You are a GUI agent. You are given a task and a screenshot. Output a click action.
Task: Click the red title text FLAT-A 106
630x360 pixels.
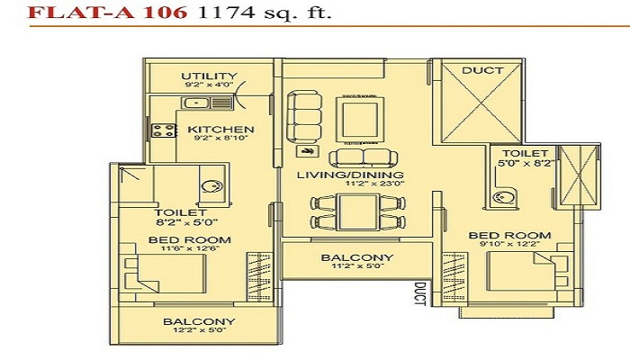(x=107, y=12)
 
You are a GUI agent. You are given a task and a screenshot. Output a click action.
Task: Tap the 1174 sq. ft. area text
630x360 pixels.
(x=265, y=13)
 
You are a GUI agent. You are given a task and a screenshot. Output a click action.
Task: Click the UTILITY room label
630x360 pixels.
(x=210, y=76)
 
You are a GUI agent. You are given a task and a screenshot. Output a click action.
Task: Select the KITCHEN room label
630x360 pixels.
(x=221, y=130)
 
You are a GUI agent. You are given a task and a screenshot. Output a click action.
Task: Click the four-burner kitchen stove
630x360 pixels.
(x=164, y=130)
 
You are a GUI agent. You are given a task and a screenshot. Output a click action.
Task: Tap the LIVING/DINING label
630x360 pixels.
(x=350, y=175)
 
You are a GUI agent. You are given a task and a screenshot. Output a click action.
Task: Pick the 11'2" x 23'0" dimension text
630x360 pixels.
(x=375, y=184)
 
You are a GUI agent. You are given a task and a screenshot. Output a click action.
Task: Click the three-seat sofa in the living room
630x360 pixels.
(x=304, y=117)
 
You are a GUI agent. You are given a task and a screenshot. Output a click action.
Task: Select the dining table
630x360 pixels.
(x=358, y=211)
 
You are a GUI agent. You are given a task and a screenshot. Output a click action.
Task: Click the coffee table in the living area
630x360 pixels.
(x=360, y=120)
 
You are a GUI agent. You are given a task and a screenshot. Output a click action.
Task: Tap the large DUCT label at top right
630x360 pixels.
(x=482, y=70)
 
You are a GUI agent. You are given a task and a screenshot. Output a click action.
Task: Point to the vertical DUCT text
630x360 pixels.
(x=419, y=293)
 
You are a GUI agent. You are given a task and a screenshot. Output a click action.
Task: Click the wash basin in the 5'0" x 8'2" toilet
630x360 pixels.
(x=501, y=197)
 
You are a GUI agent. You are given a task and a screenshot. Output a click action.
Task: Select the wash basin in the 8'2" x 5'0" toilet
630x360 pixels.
(x=212, y=187)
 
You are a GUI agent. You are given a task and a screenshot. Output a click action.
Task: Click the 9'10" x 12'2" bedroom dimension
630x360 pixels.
(x=510, y=244)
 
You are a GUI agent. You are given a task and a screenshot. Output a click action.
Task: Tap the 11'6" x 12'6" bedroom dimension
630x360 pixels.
(x=190, y=248)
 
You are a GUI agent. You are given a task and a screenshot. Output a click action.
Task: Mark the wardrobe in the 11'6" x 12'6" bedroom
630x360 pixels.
(x=259, y=277)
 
